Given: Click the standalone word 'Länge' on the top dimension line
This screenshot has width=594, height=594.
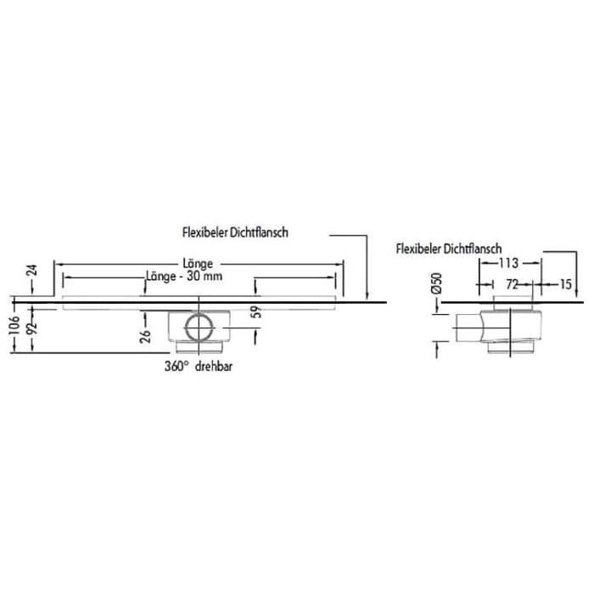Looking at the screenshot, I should (x=198, y=263).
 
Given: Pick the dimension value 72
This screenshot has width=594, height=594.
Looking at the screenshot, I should (x=513, y=285).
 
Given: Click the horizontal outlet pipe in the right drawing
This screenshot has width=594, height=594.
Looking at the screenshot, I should (x=468, y=328).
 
